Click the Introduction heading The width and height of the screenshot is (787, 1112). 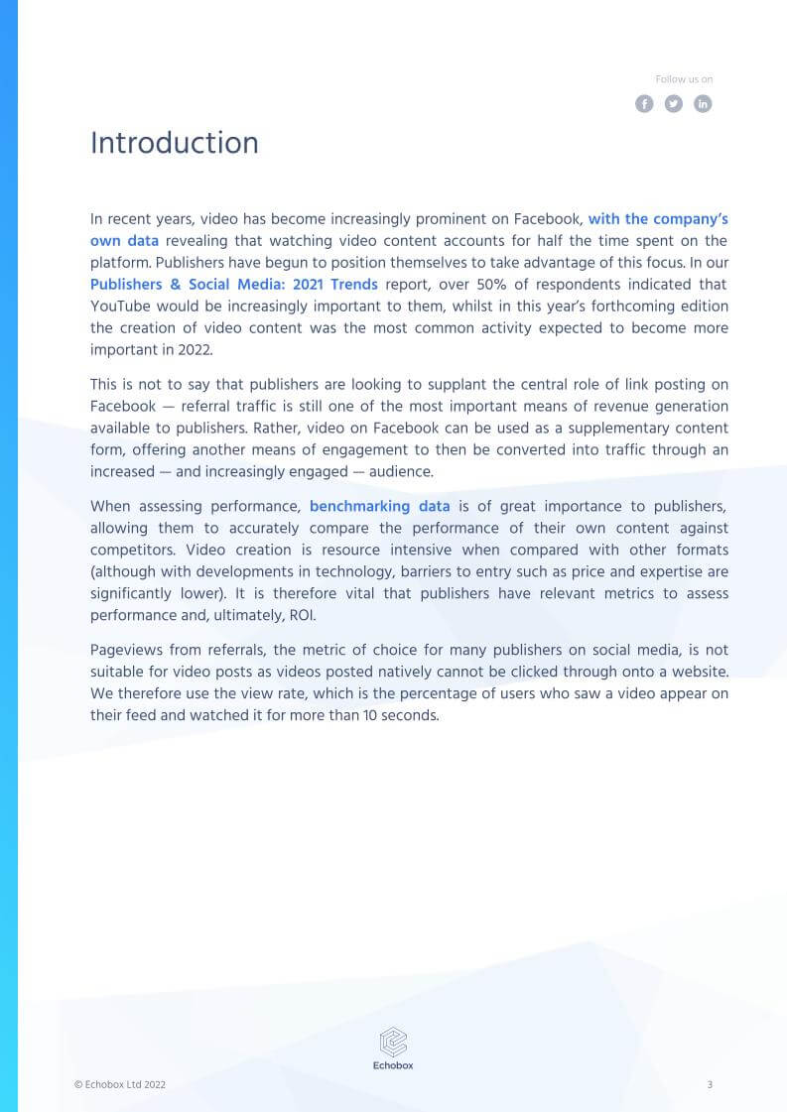tap(175, 144)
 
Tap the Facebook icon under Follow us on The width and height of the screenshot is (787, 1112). tap(644, 104)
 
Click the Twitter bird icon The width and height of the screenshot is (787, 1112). tap(674, 104)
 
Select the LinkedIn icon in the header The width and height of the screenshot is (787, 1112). tap(703, 104)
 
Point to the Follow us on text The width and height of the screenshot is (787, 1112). tap(684, 79)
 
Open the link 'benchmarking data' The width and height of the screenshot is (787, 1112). tap(379, 506)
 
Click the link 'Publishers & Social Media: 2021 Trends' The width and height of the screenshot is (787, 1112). tap(234, 284)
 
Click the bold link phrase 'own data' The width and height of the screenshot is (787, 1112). tap(124, 240)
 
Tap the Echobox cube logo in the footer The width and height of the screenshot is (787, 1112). tap(394, 1042)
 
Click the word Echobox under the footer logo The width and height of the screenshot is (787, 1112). tap(394, 1066)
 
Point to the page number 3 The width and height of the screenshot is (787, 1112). tap(710, 1085)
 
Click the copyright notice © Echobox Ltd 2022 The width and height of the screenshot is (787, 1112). tap(120, 1085)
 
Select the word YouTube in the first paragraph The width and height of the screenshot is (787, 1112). tap(120, 306)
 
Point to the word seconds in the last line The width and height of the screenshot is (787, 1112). tap(410, 715)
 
